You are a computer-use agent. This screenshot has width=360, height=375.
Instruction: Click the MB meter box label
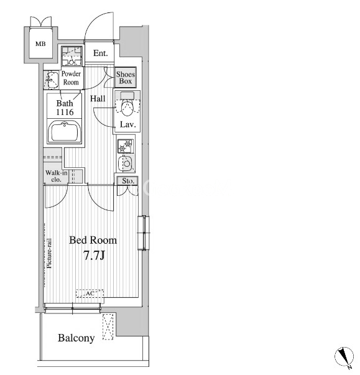point(40,44)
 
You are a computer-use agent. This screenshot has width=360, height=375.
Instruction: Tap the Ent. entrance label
point(100,53)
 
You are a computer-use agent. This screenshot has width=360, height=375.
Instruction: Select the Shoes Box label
point(126,78)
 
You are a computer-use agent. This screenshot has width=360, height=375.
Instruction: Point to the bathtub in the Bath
point(64,132)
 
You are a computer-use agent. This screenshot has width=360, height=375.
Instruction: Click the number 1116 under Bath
point(65,112)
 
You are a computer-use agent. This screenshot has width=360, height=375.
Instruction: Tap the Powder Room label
point(71,78)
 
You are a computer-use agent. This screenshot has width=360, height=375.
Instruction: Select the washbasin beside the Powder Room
point(52,80)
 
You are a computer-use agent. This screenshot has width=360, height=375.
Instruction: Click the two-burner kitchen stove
point(126,146)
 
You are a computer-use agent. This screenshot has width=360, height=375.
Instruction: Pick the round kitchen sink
point(126,164)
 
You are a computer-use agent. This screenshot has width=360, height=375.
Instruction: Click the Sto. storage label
point(128,181)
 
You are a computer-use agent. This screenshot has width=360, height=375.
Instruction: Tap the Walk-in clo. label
point(57,176)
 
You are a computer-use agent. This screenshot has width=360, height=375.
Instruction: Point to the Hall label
point(98,98)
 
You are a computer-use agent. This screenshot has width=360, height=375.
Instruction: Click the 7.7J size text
point(94,256)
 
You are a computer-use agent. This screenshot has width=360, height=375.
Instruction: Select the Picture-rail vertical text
point(49,254)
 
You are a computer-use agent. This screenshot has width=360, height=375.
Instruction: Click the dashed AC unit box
point(90,294)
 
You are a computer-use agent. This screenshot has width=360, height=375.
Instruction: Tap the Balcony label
point(76,338)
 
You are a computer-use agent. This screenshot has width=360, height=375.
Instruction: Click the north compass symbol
point(344,356)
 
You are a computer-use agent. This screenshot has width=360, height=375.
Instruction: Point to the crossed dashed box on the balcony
point(108,326)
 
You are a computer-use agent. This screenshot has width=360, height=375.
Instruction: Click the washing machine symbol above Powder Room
point(72,56)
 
